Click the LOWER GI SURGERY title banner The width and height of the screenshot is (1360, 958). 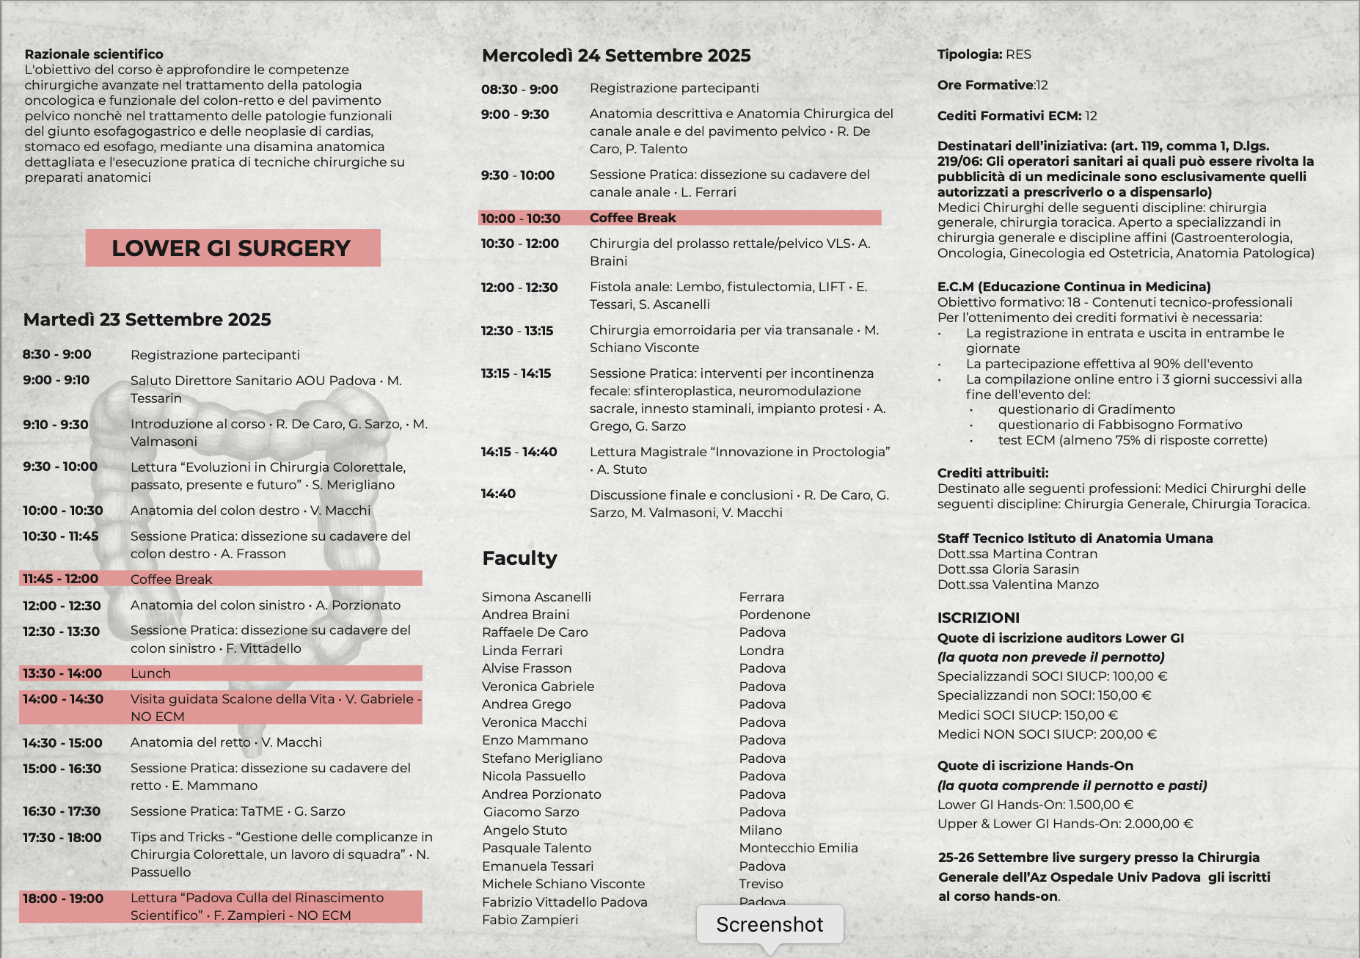[x=232, y=248]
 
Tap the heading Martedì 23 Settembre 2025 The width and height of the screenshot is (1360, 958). [x=147, y=320]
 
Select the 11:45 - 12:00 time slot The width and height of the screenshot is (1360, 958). [x=60, y=579]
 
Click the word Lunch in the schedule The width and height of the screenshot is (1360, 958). [x=150, y=673]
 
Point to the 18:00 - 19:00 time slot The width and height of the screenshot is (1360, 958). [x=63, y=899]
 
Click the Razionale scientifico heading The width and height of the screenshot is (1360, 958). [x=94, y=54]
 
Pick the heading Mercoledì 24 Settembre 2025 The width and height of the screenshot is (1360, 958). [x=616, y=56]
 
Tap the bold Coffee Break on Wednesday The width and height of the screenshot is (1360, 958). [x=632, y=218]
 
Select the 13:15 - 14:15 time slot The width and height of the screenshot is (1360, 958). [x=516, y=373]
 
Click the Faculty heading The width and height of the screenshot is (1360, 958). [x=519, y=558]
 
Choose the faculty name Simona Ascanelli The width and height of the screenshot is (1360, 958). [x=536, y=597]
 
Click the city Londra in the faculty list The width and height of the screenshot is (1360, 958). [x=761, y=651]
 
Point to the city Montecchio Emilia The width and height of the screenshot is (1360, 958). [x=798, y=848]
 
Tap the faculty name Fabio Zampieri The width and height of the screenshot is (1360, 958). [x=530, y=920]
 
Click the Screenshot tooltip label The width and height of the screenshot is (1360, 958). [x=769, y=925]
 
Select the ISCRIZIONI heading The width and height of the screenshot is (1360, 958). [x=978, y=618]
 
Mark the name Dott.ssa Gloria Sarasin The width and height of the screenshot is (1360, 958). [x=1008, y=569]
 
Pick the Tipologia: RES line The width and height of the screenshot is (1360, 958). [x=984, y=54]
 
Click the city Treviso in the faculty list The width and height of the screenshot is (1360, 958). [x=761, y=884]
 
